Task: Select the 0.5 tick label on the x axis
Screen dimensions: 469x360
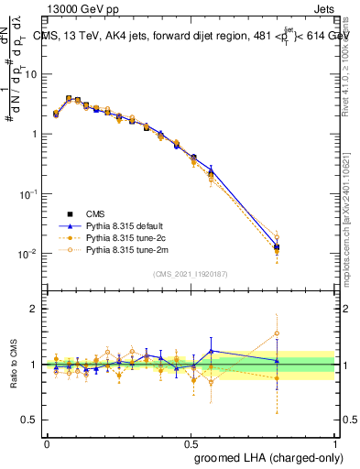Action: click(x=191, y=442)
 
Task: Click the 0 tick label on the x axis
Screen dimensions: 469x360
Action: click(x=47, y=442)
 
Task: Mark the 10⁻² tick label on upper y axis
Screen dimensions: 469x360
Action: click(x=29, y=254)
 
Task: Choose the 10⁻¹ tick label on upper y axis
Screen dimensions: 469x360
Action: click(x=29, y=194)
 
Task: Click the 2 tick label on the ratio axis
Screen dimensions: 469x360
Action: click(x=34, y=310)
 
